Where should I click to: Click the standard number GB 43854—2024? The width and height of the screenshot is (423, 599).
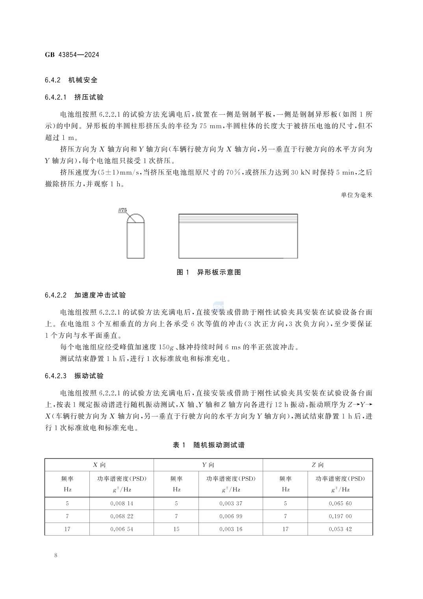click(x=72, y=55)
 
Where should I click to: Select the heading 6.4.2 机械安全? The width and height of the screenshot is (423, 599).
click(x=71, y=80)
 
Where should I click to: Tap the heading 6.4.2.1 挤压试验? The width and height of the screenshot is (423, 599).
click(x=74, y=97)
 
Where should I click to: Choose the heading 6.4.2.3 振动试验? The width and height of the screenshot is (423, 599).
click(x=74, y=376)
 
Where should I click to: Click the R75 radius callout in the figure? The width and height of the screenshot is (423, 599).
click(x=122, y=210)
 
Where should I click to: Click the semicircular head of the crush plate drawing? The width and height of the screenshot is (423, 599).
click(x=135, y=218)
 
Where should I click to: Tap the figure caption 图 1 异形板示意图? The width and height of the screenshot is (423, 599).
click(x=208, y=272)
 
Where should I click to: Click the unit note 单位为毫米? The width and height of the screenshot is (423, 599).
click(x=356, y=195)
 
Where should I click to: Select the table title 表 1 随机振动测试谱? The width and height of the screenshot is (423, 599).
click(x=208, y=445)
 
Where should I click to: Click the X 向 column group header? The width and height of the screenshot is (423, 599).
click(x=99, y=465)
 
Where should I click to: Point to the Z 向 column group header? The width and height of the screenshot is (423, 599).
click(x=317, y=465)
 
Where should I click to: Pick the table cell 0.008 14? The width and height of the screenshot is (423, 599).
click(x=122, y=503)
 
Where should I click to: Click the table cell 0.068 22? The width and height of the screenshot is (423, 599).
click(x=122, y=516)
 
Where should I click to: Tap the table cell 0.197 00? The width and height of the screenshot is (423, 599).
click(x=340, y=516)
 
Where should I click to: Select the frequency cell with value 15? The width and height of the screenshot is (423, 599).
click(x=176, y=529)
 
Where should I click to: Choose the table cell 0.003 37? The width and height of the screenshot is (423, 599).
click(x=231, y=503)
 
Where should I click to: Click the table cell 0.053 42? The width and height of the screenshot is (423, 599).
click(x=340, y=529)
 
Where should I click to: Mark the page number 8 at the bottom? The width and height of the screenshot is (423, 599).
click(x=56, y=556)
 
